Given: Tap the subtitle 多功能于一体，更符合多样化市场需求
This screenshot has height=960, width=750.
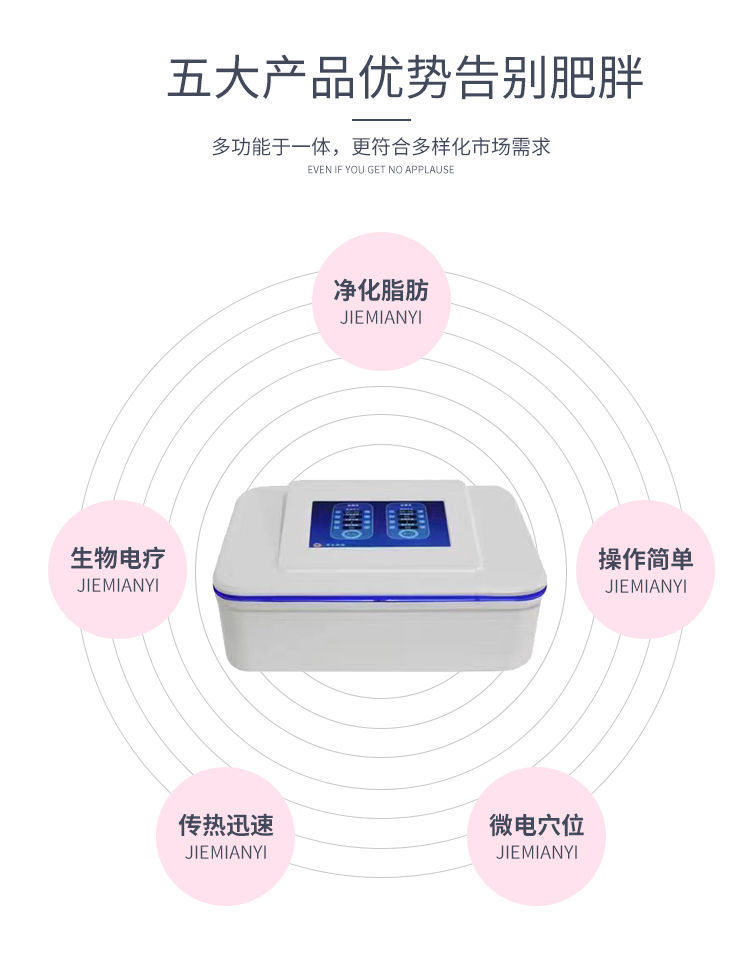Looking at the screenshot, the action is click(381, 146).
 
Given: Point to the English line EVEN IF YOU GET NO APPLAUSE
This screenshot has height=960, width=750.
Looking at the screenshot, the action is click(381, 170).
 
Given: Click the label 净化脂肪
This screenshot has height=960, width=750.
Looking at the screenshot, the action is click(381, 291).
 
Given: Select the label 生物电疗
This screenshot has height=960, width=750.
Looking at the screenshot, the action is click(118, 558).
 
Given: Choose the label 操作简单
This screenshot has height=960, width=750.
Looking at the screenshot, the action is click(646, 558).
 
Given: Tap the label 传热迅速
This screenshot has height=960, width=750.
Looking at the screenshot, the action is click(226, 825).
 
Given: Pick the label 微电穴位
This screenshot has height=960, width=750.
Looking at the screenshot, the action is click(537, 825).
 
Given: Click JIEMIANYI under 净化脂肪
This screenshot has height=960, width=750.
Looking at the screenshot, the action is click(381, 318).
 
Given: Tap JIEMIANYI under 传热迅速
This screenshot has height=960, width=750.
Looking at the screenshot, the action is click(226, 853).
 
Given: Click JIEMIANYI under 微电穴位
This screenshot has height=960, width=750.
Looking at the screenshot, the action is click(537, 853).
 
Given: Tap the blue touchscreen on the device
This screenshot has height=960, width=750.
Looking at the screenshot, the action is click(379, 525).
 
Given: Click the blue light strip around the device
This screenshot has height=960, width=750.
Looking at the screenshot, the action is click(381, 597).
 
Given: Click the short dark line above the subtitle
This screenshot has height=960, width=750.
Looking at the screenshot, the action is click(381, 119).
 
